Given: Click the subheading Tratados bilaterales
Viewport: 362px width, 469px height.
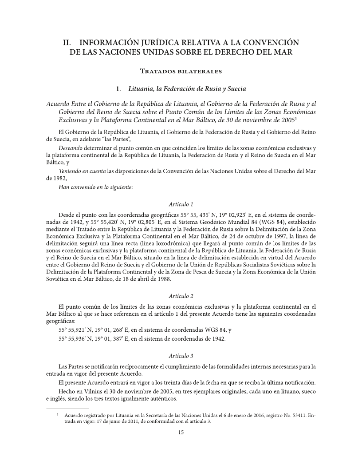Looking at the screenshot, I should (x=181, y=71).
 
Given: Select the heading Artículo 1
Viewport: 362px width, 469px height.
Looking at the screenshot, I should (x=181, y=204).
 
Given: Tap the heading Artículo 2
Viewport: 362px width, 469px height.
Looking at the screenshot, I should (x=181, y=296).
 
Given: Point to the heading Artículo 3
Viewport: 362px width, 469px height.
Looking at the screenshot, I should (x=181, y=356).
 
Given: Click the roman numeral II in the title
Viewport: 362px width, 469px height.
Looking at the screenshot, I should (x=67, y=43).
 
